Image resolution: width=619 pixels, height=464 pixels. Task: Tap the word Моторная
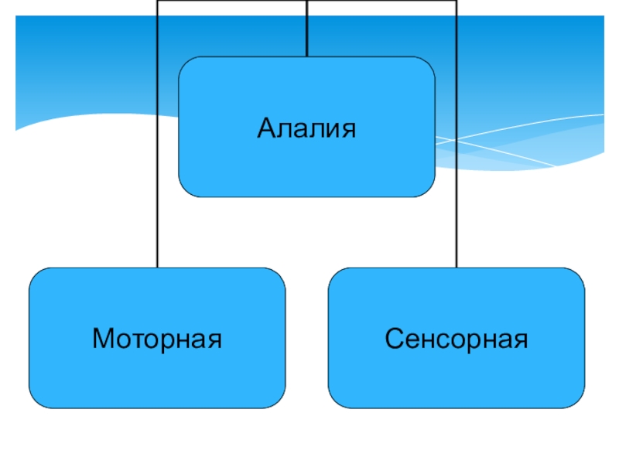157,338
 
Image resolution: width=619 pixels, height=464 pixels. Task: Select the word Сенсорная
456,338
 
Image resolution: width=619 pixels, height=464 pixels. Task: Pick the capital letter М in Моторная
101,338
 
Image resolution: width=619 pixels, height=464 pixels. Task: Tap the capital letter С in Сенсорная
394,338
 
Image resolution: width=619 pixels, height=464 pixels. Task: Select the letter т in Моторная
134,339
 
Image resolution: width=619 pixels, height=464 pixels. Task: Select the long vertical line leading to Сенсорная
456,155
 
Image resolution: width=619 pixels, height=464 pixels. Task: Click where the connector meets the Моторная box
157,268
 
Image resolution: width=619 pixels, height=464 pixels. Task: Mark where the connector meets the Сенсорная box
456,268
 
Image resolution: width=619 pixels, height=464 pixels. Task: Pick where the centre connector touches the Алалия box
307,56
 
